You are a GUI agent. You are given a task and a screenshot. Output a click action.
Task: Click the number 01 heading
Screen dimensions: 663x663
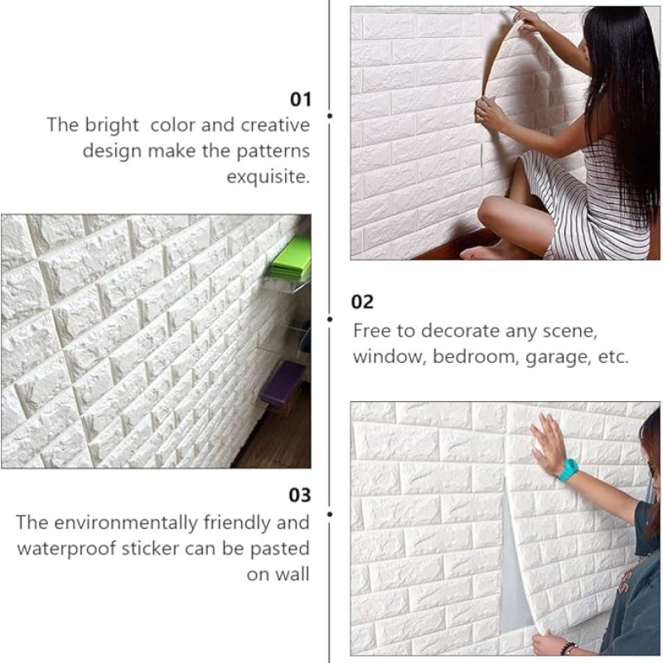[300, 99]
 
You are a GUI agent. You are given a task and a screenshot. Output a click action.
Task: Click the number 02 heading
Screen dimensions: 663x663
[362, 302]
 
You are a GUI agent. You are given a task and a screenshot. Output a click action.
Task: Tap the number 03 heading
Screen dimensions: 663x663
[300, 495]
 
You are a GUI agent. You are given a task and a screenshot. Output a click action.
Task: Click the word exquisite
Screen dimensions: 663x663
[268, 177]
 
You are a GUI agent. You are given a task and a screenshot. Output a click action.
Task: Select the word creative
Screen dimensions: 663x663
[275, 125]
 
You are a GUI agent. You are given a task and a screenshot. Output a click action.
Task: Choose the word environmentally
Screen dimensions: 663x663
[126, 523]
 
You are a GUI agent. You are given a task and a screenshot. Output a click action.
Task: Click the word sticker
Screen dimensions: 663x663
[150, 549]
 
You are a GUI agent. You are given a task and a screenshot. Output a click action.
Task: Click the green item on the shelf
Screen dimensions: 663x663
[292, 259]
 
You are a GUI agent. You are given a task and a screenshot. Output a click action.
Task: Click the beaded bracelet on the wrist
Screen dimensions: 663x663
[568, 648]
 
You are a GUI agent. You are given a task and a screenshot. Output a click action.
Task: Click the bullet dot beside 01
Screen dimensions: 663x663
[330, 115]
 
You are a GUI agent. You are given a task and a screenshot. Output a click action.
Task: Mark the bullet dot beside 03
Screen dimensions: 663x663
[330, 514]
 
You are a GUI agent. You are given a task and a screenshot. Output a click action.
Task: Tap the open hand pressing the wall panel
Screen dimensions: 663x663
[548, 443]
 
